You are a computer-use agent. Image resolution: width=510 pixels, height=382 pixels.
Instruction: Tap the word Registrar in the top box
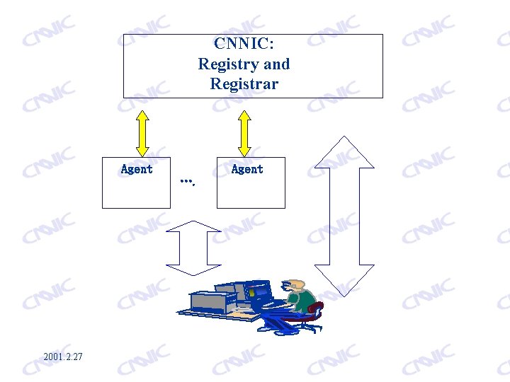(244, 83)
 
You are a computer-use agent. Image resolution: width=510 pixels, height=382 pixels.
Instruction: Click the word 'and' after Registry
(276, 64)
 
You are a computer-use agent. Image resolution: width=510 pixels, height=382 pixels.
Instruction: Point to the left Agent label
(137, 169)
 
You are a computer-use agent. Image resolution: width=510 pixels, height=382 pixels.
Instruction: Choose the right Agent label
(247, 169)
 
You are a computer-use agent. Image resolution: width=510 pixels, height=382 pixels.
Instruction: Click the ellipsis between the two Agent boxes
(187, 182)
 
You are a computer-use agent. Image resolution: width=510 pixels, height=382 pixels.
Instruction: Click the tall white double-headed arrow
(344, 210)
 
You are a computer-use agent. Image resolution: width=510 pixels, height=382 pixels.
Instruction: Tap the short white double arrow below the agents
(194, 248)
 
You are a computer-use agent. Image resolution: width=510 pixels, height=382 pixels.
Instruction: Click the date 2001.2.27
(62, 356)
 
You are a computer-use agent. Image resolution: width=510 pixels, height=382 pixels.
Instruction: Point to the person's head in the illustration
(296, 286)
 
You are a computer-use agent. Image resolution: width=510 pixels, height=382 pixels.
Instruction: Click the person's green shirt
(305, 302)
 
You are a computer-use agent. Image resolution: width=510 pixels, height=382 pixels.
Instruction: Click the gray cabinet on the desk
(212, 302)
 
